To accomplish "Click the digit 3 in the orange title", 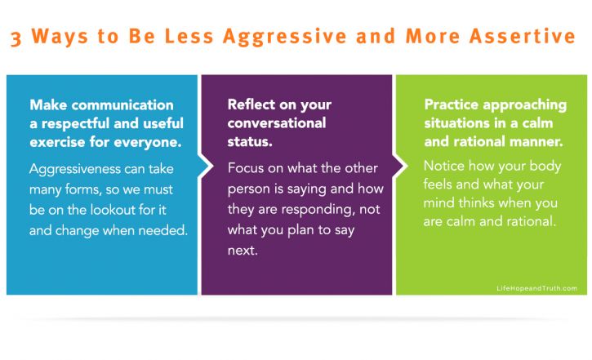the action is (16, 38).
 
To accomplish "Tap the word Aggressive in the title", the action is (285, 37).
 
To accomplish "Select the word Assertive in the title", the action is (522, 36).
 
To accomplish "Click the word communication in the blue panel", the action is (122, 105).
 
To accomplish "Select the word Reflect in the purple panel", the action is (251, 104).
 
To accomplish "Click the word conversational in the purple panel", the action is (276, 123).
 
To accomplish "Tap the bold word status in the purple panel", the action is (250, 141).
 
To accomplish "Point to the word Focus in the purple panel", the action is (245, 168).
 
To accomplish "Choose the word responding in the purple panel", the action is (318, 210).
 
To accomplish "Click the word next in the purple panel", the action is (243, 250).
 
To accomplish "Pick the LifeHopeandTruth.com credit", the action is (536, 288).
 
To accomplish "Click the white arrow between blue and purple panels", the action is (206, 166).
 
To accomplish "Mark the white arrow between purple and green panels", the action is (401, 166).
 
